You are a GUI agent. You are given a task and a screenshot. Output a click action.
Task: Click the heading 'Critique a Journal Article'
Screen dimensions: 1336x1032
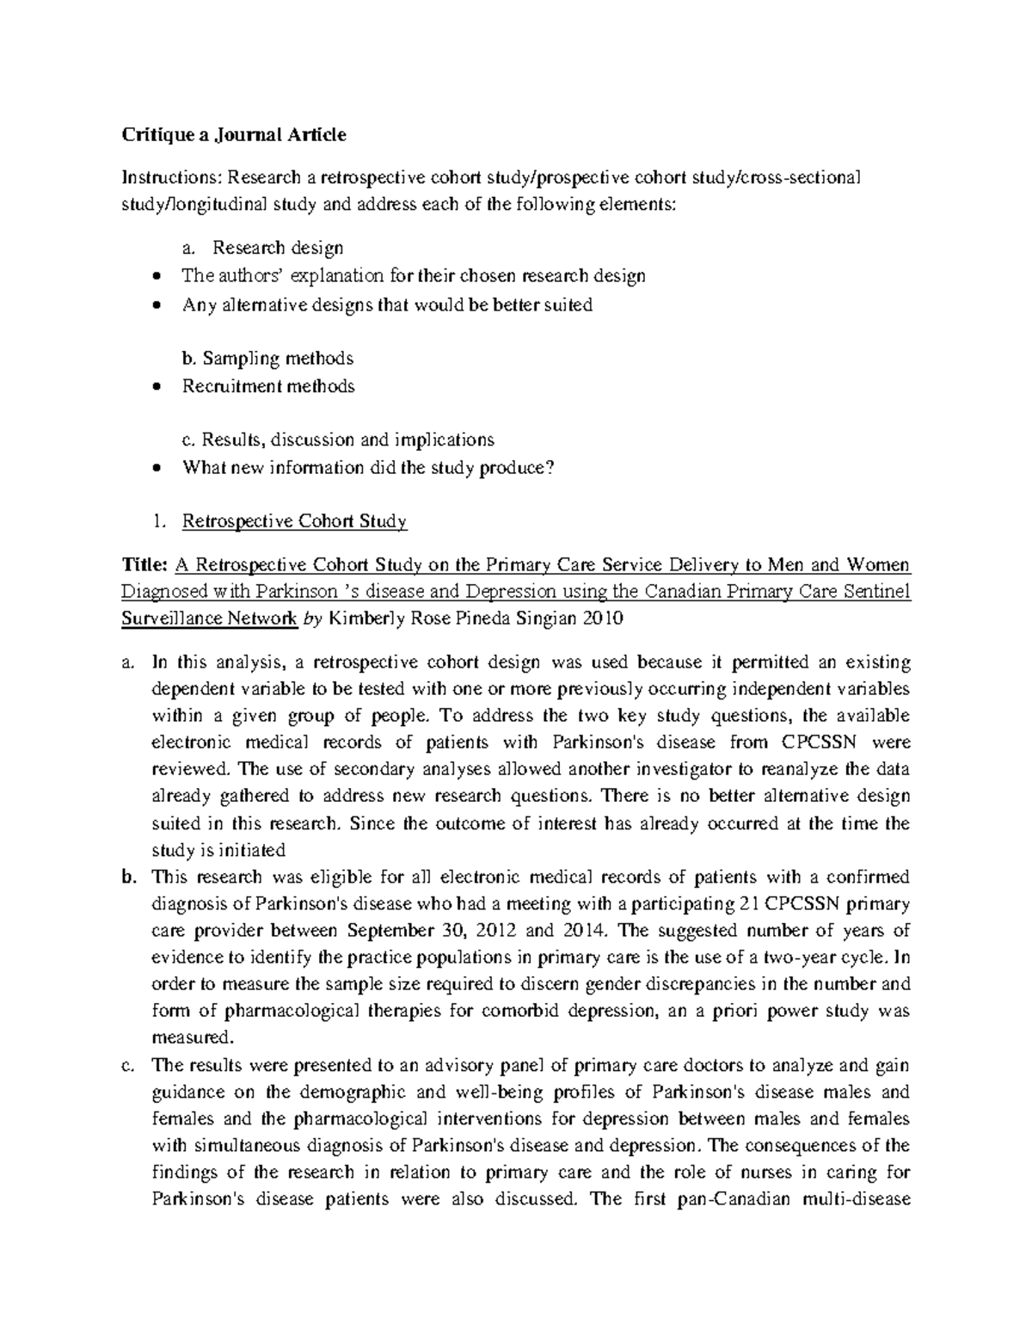click(x=234, y=134)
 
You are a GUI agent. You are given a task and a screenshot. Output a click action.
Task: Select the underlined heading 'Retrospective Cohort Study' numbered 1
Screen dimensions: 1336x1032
click(x=294, y=521)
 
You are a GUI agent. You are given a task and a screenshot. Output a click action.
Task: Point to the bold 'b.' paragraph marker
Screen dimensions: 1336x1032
click(x=129, y=877)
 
